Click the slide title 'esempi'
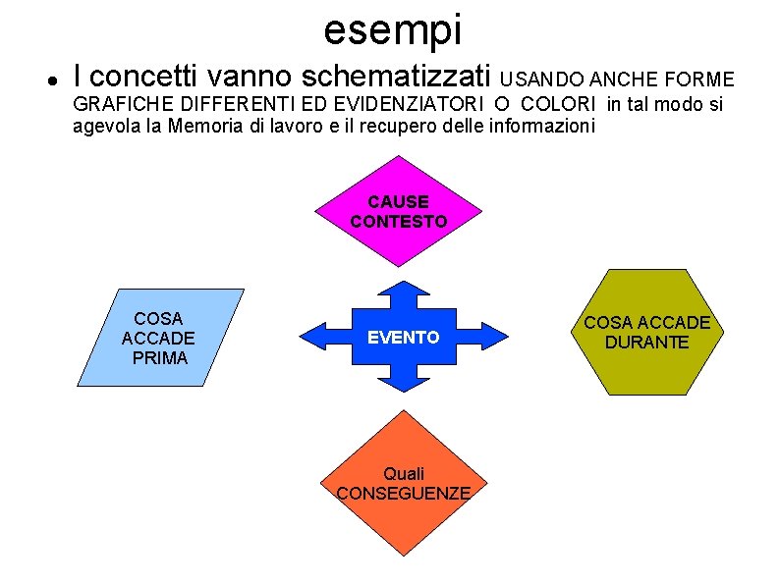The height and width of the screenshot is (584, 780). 392,29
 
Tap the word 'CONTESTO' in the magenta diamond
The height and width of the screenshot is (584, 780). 399,222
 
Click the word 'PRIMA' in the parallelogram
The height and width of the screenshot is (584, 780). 159,357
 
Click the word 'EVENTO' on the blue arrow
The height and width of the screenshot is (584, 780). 403,337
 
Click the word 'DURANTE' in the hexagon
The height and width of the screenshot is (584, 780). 646,343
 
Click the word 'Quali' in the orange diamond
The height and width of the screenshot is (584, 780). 404,473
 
